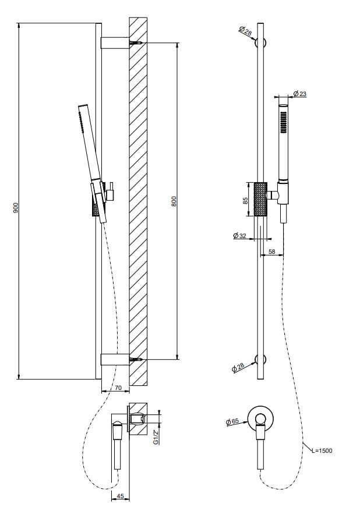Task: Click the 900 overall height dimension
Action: pos(17,208)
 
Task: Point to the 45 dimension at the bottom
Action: pos(120,496)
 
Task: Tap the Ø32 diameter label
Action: pos(239,236)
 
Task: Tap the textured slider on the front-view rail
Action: pos(260,199)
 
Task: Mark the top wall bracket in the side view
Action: pos(115,43)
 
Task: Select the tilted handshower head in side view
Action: pos(89,146)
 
